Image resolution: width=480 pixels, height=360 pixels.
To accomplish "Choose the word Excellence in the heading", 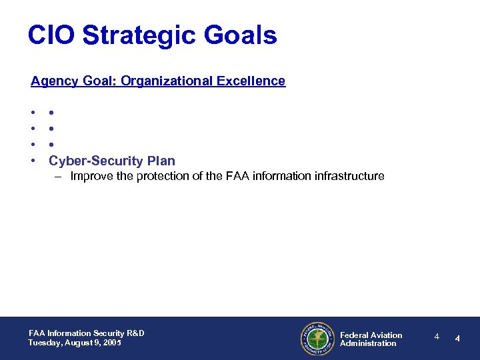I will click(x=254, y=81).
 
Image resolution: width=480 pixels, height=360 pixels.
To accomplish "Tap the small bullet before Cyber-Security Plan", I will click(x=33, y=161).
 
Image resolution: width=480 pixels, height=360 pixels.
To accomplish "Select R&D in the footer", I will click(x=135, y=333).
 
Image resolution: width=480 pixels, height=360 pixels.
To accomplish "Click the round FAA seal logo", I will click(x=317, y=339).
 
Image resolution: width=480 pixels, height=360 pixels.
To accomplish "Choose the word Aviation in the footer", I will click(x=386, y=335).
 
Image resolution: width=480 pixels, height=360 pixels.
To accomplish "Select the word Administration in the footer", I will click(x=368, y=344).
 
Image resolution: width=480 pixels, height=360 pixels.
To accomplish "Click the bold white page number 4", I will click(x=457, y=338).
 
